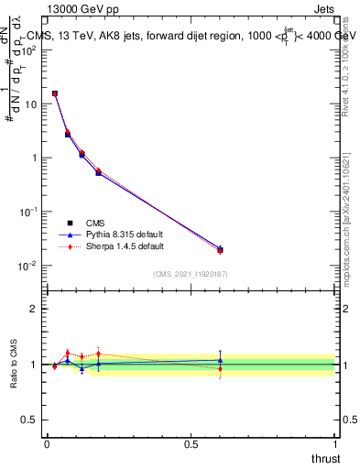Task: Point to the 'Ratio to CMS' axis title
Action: point(13,364)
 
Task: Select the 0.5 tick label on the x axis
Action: point(191,443)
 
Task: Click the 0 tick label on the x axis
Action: point(47,443)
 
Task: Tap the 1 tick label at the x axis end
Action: point(335,443)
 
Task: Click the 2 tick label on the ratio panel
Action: point(34,309)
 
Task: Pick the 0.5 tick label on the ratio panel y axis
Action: point(29,420)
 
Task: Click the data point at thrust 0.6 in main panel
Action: point(220,249)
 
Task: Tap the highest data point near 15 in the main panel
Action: point(55,93)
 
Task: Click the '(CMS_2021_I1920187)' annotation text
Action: point(190,274)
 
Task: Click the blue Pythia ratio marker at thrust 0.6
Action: point(220,360)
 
